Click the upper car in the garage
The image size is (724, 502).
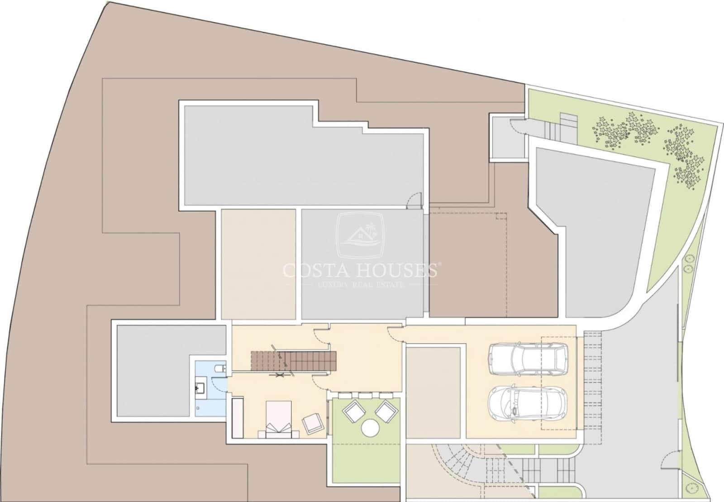tap(528, 359)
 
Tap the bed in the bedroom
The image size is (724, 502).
tap(279, 420)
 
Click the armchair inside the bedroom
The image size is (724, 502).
tap(313, 423)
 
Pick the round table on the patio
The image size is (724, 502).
tap(370, 428)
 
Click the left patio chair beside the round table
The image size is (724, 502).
tap(354, 411)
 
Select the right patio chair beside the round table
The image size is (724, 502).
tap(386, 411)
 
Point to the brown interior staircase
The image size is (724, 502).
tap(294, 361)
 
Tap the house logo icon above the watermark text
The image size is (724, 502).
tap(360, 235)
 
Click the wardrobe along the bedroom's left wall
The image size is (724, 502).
tap(238, 418)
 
